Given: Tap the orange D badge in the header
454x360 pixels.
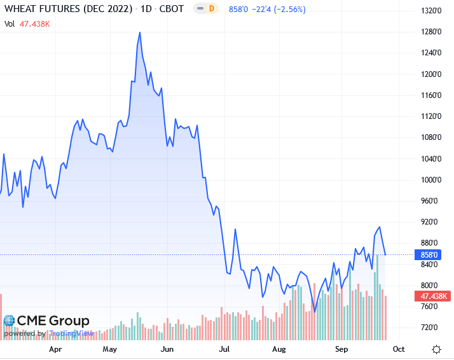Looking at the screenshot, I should coord(212,10).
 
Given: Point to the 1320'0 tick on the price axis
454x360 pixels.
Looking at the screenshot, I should coord(432,11).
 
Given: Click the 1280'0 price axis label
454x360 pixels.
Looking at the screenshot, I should coord(432,32).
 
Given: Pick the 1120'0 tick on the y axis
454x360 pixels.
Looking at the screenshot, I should coord(432,116).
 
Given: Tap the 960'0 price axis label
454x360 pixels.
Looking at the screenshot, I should coord(432,201).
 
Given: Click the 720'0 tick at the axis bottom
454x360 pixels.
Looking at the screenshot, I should coord(432,328).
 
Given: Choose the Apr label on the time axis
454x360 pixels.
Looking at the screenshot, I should coord(55,349).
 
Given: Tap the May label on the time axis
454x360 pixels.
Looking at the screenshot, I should coord(110,349).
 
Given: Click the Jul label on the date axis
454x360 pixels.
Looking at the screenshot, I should coord(224,349).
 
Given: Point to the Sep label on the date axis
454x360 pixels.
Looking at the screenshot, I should coord(342,349).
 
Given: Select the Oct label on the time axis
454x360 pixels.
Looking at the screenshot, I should coord(399,349).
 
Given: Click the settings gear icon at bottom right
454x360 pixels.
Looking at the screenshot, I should coord(437,349).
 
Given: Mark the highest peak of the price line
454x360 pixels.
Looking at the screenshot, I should coord(139,32).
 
